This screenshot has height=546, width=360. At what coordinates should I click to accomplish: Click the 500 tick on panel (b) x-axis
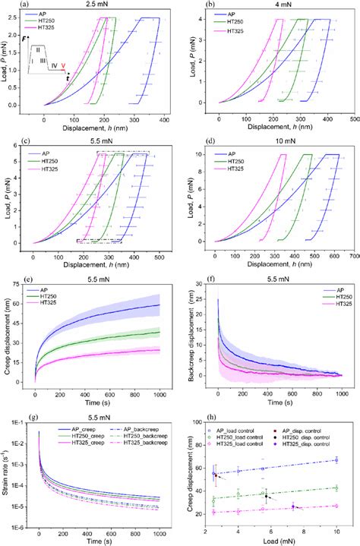(x=354, y=118)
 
